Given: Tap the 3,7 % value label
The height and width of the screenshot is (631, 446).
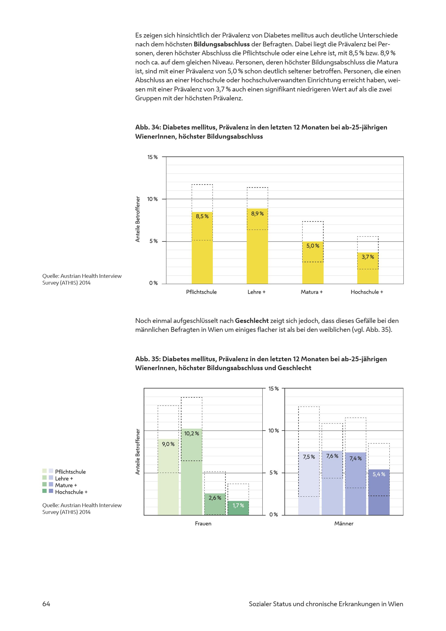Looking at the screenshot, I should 368,257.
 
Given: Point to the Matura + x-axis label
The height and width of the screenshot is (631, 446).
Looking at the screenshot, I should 312,292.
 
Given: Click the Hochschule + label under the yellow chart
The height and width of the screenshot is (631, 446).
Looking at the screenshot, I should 367,292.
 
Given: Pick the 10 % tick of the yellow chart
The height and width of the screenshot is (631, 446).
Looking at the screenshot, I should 152,199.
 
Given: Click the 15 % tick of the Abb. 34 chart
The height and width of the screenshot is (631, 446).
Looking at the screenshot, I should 152,157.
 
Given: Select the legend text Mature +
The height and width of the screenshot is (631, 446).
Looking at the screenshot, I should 66,485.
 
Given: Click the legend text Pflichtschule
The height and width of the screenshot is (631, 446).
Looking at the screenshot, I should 70,472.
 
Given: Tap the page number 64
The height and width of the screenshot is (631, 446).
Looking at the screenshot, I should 46,604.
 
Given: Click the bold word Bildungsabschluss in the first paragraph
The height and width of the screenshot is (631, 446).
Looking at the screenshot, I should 222,44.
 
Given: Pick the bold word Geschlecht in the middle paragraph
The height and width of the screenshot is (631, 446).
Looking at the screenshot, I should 252,321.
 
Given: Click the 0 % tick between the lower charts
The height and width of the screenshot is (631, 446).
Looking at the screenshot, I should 274,515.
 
